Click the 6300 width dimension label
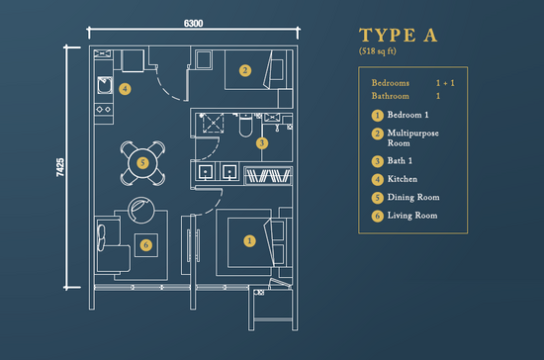click(x=193, y=23)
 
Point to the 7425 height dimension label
click(x=60, y=167)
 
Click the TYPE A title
click(x=398, y=35)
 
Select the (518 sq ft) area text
click(x=378, y=51)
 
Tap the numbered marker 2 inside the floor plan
click(x=245, y=71)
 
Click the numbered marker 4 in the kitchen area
click(x=125, y=89)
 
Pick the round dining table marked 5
click(x=142, y=163)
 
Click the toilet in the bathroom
click(x=245, y=126)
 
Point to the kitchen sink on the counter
click(x=105, y=85)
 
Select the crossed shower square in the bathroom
click(x=213, y=123)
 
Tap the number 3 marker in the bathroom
click(x=262, y=142)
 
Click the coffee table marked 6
click(x=146, y=245)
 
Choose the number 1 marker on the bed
click(x=249, y=241)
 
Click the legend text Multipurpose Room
click(x=412, y=138)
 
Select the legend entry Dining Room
click(x=413, y=197)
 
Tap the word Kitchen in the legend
click(x=403, y=179)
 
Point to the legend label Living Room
click(x=412, y=216)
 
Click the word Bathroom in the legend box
click(x=391, y=96)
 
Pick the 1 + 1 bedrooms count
click(x=445, y=83)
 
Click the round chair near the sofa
click(x=141, y=210)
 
